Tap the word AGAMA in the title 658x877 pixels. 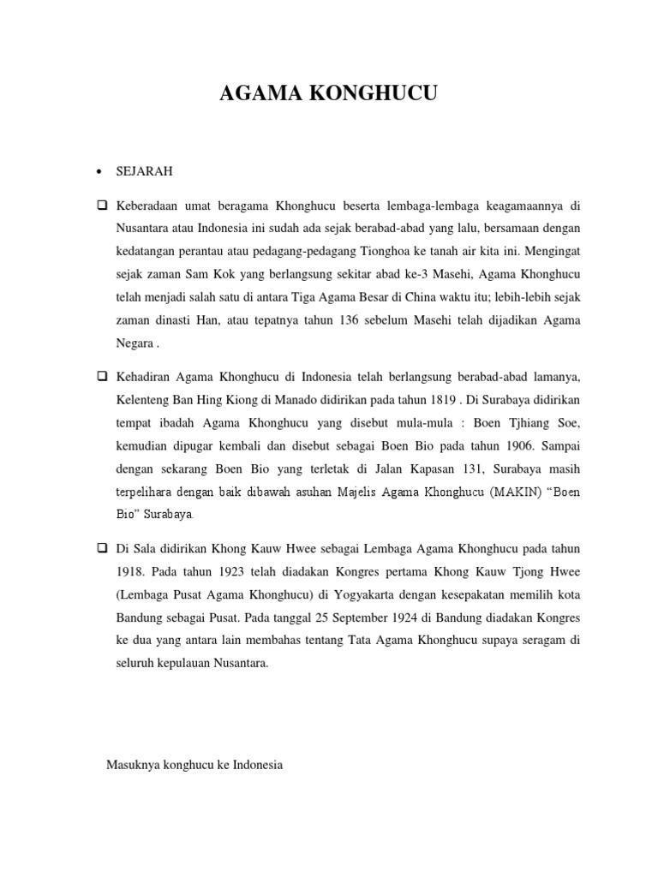pyautogui.click(x=257, y=95)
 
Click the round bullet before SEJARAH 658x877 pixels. pyautogui.click(x=101, y=172)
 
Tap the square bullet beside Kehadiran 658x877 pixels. pyautogui.click(x=101, y=376)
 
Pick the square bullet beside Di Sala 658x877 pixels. pyautogui.click(x=101, y=547)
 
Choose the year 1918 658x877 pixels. pyautogui.click(x=132, y=570)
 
